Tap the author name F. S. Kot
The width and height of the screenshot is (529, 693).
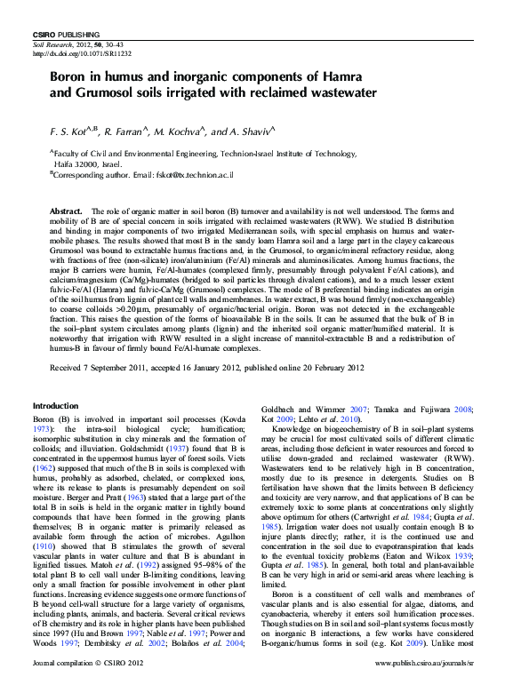(x=69, y=131)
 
